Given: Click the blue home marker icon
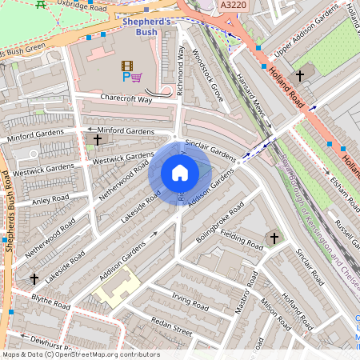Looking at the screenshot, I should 180,173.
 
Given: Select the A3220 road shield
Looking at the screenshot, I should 233,6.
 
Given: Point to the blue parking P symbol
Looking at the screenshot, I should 126,78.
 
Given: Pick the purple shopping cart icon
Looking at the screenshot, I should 137,78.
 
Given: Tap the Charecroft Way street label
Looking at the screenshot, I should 126,98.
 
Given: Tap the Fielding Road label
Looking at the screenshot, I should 241,240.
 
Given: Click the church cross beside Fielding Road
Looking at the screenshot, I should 274,238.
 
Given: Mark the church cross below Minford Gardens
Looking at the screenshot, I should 98,139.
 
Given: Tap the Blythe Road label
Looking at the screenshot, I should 50,303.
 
